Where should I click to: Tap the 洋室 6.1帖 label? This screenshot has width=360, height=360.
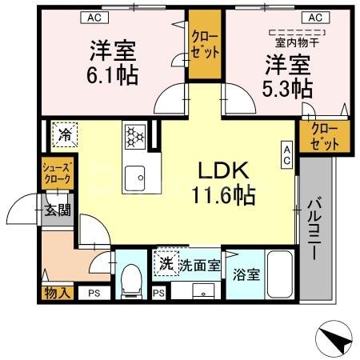pos(111,62)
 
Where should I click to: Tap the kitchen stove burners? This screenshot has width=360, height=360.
pos(134,136)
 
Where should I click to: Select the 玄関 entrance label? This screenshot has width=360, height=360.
pos(58,211)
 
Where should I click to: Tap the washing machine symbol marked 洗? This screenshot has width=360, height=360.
pos(165,263)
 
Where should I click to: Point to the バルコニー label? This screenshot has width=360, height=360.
pos(314,233)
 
